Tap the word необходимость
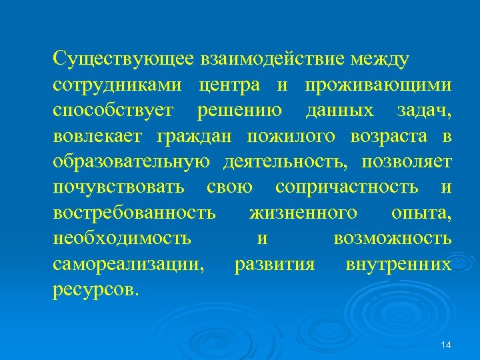122,238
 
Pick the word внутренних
399,264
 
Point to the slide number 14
446,345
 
